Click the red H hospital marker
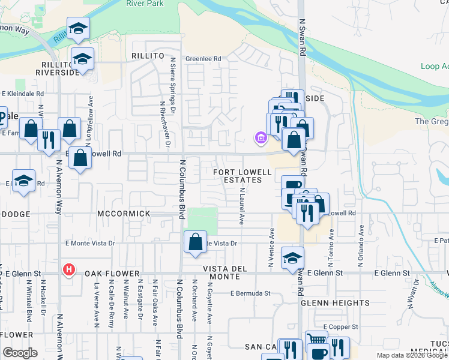pos(69,270)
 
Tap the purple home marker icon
pos(261,139)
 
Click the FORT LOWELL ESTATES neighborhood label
pos(238,176)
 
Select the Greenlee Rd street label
pos(203,59)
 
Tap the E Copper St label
pos(340,326)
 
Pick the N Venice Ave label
pos(271,247)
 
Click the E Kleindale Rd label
pos(23,94)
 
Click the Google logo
pos(19,353)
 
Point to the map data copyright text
pos(412,355)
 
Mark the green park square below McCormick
pos(202,221)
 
